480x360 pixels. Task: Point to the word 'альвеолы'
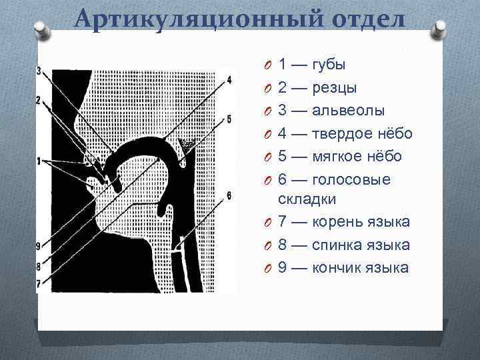coord(349,111)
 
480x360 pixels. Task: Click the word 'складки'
coord(307,199)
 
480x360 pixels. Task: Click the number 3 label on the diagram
coord(39,71)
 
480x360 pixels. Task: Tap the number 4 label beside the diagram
coord(229,79)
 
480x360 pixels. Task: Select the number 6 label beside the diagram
coord(229,195)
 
